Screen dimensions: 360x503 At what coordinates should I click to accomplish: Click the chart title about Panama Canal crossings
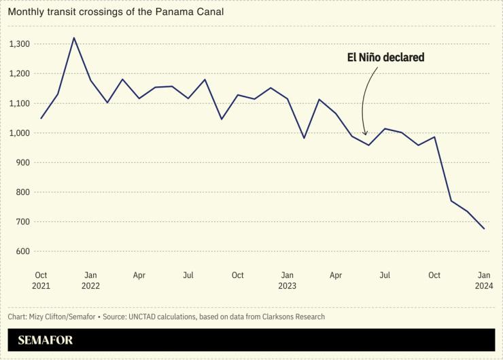tap(116, 12)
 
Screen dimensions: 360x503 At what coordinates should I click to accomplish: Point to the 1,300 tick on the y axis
tap(20, 44)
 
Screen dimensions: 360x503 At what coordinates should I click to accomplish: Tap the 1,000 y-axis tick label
tap(20, 133)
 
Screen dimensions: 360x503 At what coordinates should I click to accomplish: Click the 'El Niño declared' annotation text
tap(386, 58)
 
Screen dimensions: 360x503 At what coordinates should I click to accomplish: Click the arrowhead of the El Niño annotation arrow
tap(366, 134)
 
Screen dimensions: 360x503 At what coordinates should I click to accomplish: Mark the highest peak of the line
tap(73, 38)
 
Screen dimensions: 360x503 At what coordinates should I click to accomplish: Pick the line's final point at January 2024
tap(484, 229)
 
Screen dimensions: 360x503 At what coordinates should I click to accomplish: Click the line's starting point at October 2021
tap(41, 118)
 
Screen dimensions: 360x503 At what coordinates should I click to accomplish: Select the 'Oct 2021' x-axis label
tap(41, 281)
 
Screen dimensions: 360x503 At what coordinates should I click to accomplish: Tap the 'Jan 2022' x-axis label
tap(90, 281)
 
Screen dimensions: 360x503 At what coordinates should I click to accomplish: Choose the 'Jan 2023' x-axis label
tap(287, 281)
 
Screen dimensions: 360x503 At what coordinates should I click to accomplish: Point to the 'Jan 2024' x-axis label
tap(484, 281)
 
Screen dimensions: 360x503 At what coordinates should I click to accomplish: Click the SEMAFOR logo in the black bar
tap(46, 340)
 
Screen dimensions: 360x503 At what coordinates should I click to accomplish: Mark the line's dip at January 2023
tap(304, 138)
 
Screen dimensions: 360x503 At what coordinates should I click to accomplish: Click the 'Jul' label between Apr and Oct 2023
tap(385, 275)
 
